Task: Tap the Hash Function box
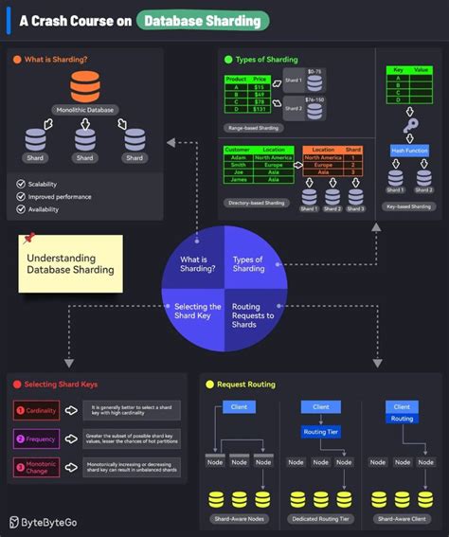tap(410, 150)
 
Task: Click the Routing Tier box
tap(320, 431)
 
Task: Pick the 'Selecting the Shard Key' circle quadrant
tap(197, 313)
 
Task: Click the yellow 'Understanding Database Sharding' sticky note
tap(70, 263)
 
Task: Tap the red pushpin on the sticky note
tap(28, 238)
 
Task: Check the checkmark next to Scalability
tap(21, 184)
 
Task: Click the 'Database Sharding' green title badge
tap(202, 21)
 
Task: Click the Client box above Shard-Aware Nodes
tap(239, 407)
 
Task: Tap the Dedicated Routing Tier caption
tap(321, 520)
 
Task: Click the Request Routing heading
tap(245, 385)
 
